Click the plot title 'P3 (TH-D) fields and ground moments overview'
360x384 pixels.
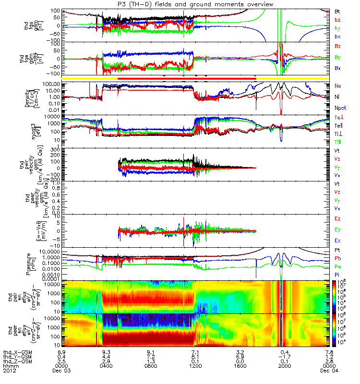(180, 4)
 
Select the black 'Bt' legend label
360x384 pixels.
(337, 11)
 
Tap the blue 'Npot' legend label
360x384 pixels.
(339, 108)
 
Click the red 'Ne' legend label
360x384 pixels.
(338, 85)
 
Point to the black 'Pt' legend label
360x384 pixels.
(337, 251)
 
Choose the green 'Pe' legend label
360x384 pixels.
(338, 266)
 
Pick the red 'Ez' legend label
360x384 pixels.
(337, 219)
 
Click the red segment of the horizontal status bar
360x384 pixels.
(187, 78)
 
